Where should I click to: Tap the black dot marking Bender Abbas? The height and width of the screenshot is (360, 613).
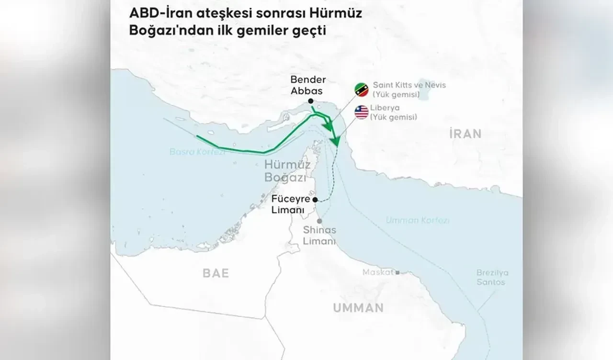pyautogui.click(x=311, y=101)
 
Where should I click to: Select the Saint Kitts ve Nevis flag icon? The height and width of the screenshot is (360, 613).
pyautogui.click(x=361, y=90)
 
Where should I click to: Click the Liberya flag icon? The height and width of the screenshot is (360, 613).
pyautogui.click(x=361, y=112)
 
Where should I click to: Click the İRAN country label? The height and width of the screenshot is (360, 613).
pyautogui.click(x=465, y=134)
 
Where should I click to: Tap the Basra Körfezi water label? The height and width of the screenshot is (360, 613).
pyautogui.click(x=190, y=153)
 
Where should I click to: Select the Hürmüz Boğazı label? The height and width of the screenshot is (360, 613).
pyautogui.click(x=284, y=171)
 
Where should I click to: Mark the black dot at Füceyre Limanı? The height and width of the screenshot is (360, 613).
pyautogui.click(x=315, y=200)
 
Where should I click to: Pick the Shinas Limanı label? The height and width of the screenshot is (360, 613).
pyautogui.click(x=319, y=236)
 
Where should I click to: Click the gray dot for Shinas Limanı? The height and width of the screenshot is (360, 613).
pyautogui.click(x=319, y=221)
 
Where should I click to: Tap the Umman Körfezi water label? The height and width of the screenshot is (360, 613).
pyautogui.click(x=418, y=220)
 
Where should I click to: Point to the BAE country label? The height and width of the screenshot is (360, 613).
pyautogui.click(x=216, y=273)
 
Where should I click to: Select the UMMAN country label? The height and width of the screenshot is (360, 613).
pyautogui.click(x=358, y=307)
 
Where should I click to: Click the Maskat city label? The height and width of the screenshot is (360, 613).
pyautogui.click(x=377, y=272)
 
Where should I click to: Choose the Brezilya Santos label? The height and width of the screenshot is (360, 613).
pyautogui.click(x=492, y=277)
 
